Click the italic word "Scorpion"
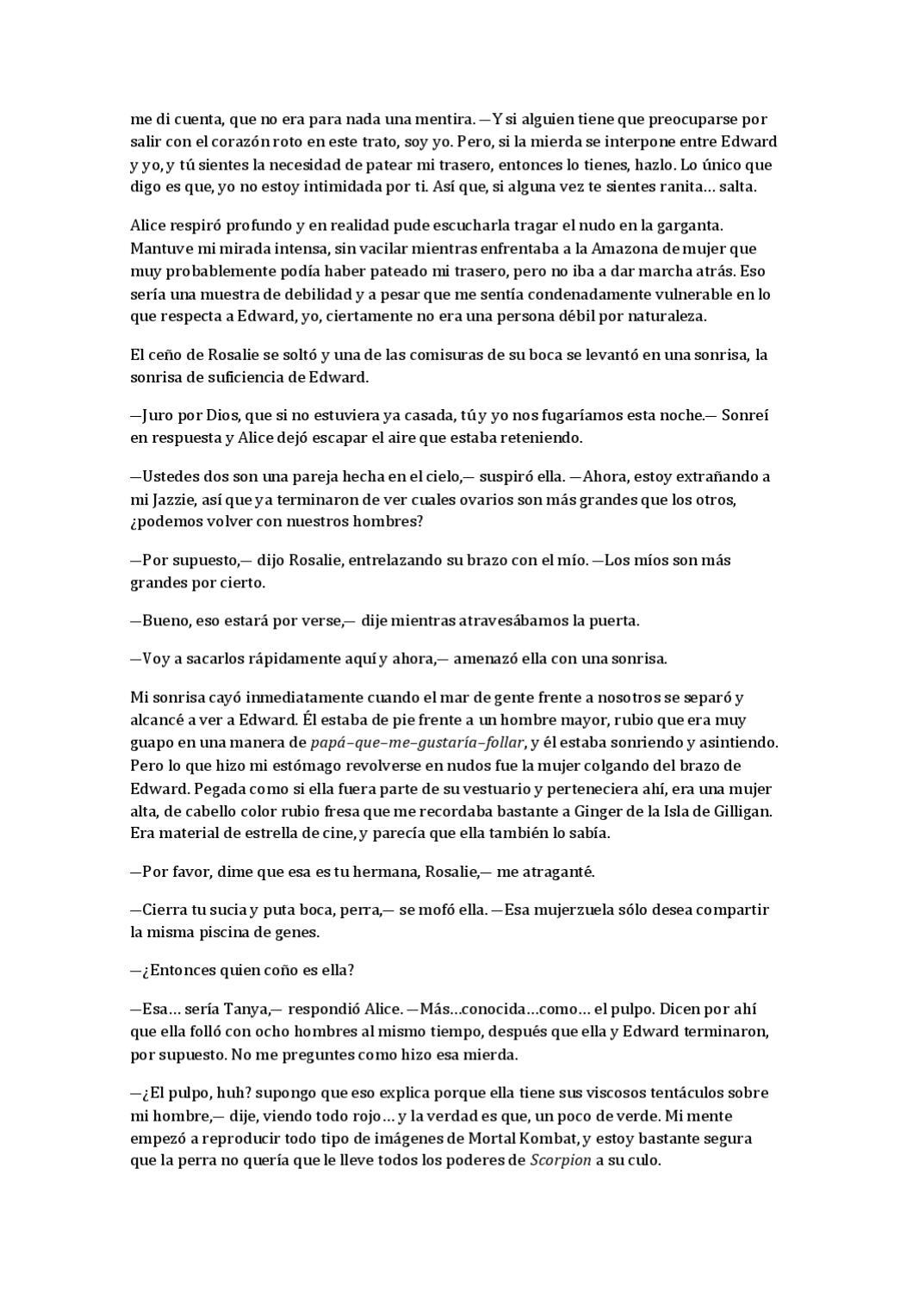click(561, 1160)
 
